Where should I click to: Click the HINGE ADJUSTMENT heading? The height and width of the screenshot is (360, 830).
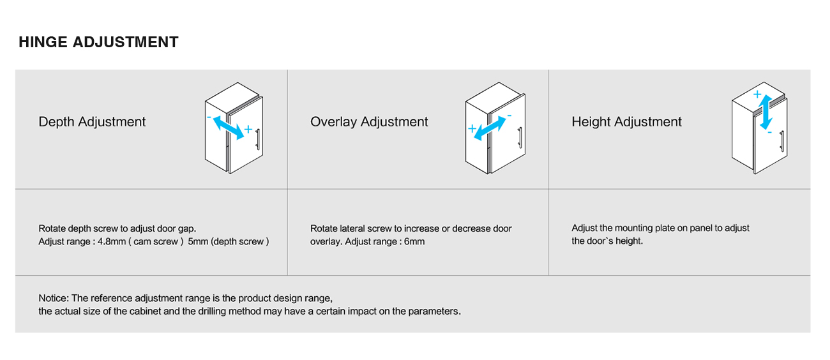(98, 42)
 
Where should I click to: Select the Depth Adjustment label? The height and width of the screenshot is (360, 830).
(92, 122)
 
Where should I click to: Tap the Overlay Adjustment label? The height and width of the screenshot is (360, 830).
(369, 122)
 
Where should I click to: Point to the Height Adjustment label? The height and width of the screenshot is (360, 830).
(626, 122)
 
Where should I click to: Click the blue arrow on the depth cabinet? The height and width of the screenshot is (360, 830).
(229, 128)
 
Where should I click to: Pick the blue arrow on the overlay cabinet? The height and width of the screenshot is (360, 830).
(490, 128)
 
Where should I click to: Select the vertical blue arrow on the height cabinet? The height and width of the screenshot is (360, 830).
(766, 112)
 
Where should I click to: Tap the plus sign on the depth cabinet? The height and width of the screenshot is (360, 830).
(248, 129)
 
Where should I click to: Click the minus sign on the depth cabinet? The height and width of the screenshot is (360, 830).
(209, 117)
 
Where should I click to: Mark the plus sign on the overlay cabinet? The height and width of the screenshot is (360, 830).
(472, 128)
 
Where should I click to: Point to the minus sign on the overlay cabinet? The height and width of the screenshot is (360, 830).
(509, 116)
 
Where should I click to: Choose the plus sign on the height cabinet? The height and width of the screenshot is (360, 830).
(757, 94)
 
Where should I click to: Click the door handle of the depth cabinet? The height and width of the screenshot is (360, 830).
(258, 139)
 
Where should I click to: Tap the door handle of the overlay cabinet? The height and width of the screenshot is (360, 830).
(520, 138)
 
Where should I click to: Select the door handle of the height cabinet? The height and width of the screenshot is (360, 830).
(782, 141)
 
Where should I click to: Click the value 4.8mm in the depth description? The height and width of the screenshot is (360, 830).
(112, 241)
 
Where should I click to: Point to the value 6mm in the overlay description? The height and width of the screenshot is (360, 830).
(414, 241)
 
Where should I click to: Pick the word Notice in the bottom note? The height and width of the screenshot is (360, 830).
(54, 298)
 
